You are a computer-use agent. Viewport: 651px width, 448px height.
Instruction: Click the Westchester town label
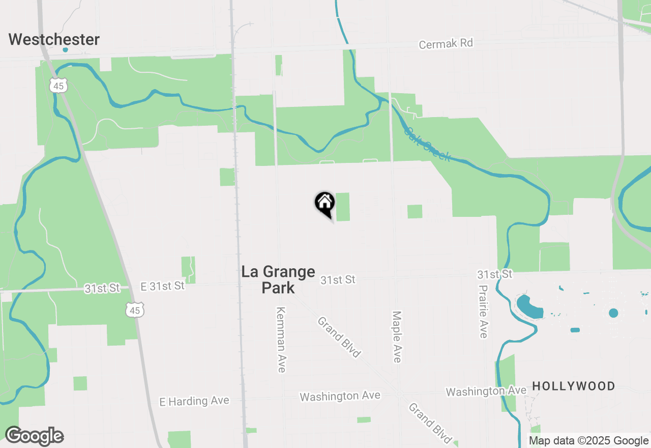click(54, 39)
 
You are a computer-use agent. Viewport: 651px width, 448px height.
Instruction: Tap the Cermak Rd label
click(446, 44)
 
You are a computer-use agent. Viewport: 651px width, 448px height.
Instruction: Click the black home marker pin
click(324, 204)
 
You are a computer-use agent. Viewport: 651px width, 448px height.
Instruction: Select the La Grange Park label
click(278, 279)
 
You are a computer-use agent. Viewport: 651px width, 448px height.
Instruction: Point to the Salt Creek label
click(427, 144)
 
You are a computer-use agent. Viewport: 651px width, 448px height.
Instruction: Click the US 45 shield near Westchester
click(58, 86)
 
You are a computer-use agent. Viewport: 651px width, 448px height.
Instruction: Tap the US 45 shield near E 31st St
click(136, 309)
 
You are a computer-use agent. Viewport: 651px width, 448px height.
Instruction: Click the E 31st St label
click(163, 286)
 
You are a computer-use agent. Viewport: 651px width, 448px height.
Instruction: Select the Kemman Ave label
click(280, 339)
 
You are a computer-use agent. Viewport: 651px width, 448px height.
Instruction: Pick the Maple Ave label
click(397, 337)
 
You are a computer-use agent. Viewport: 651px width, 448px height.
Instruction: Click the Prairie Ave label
click(483, 311)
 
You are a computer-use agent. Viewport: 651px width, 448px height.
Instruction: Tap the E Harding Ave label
click(194, 401)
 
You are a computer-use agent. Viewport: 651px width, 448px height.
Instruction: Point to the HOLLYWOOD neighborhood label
click(573, 386)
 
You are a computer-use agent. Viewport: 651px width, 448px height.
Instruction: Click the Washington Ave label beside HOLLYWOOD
click(486, 391)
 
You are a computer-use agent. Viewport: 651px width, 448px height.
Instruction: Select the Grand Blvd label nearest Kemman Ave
click(339, 337)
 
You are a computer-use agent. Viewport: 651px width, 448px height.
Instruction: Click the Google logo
click(34, 436)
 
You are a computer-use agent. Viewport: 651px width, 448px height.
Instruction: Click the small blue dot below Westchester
click(65, 50)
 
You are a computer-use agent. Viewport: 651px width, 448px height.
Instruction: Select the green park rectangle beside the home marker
click(343, 207)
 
